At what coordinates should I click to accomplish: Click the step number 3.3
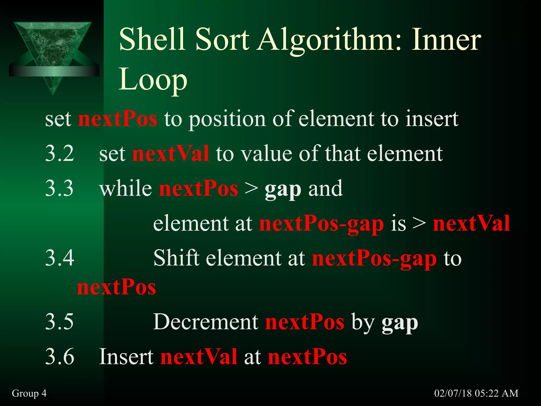click(x=59, y=188)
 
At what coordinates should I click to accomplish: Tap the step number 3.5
click(x=59, y=322)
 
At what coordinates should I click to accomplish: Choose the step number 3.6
click(x=59, y=357)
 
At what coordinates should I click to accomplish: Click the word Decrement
click(x=206, y=322)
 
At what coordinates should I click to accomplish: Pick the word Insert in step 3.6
click(x=126, y=357)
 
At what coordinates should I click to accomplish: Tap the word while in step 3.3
click(x=125, y=188)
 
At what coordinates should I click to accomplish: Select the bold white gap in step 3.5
click(x=400, y=323)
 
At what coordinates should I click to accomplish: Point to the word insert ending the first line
click(x=432, y=119)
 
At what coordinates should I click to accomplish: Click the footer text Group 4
click(x=29, y=393)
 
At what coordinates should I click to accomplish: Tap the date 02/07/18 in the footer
click(x=453, y=393)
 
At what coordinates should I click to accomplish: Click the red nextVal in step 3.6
click(x=199, y=357)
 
